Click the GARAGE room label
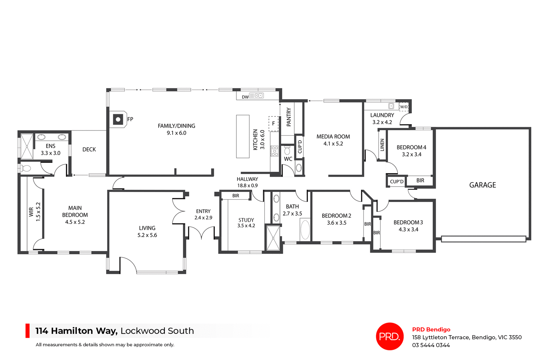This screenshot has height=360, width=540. point(482,185)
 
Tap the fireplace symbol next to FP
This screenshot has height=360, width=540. point(118,119)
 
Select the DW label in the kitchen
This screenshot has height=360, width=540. point(245,97)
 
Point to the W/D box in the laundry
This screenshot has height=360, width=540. point(404,107)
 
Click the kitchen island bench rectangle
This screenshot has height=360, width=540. point(243,136)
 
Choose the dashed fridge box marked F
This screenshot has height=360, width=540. point(273,124)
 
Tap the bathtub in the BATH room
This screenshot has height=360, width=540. point(305,230)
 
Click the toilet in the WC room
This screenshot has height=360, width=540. point(287,151)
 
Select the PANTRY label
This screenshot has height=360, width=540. point(289,117)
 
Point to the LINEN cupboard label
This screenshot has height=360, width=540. point(382,145)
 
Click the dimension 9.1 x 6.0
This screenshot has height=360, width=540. point(176,133)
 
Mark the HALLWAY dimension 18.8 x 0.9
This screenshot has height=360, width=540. point(247,185)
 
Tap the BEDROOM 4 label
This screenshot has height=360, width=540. point(411,147)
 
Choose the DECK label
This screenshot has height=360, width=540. point(89,150)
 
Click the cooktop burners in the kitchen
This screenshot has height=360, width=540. point(274,151)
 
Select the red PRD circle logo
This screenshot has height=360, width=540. point(390,336)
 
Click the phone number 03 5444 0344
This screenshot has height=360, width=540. point(431,345)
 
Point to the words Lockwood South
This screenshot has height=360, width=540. point(157,331)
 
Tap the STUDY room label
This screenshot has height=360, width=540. point(246,220)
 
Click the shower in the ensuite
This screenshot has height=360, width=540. point(27,147)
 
